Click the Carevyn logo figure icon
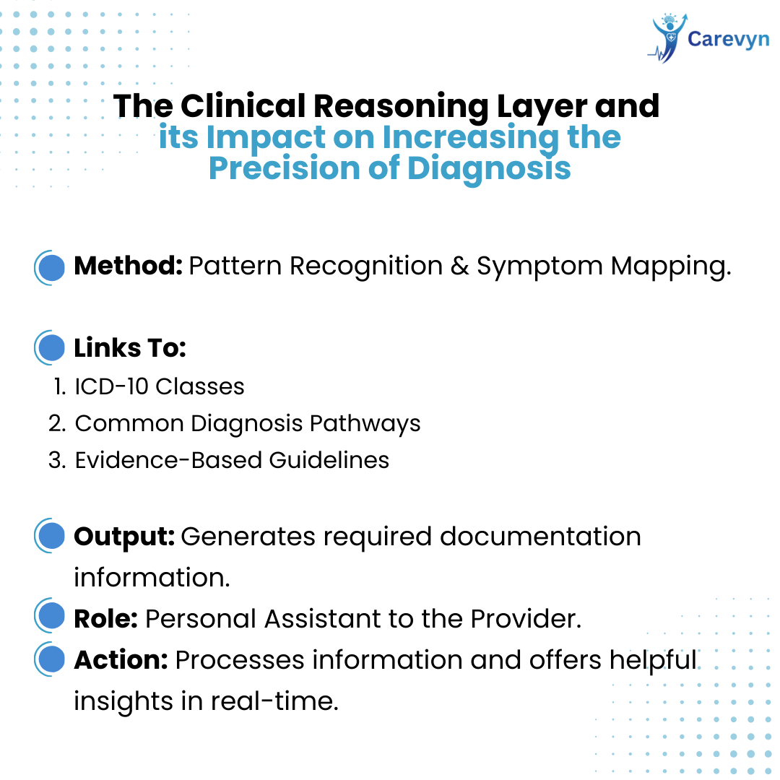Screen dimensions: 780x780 [x=667, y=38]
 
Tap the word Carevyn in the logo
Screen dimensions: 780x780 [x=728, y=39]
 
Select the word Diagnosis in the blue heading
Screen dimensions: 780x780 [x=489, y=168]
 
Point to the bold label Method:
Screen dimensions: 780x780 [x=129, y=266]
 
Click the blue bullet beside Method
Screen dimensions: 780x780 [x=50, y=268]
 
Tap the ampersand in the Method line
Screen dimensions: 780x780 [x=459, y=266]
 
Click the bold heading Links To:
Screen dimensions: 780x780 [x=130, y=347]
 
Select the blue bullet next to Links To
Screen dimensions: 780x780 [x=50, y=347]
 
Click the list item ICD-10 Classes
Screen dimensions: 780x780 [x=159, y=386]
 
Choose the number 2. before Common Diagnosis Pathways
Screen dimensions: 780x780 [x=57, y=423]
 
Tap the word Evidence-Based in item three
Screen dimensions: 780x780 [x=168, y=460]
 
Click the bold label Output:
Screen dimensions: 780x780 [x=124, y=537]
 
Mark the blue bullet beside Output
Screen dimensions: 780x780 [x=50, y=536]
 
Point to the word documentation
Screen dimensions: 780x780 [x=540, y=536]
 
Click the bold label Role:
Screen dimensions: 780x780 [x=106, y=620]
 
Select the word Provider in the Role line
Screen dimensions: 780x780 [x=526, y=620]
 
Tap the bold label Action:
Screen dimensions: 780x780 [x=121, y=661]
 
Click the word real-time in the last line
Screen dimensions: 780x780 [x=274, y=701]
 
